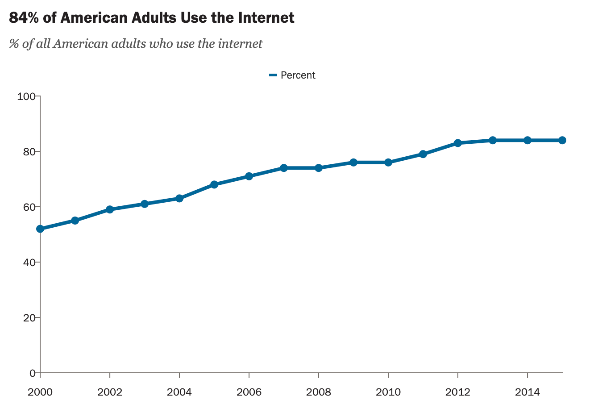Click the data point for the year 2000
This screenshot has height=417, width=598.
pyautogui.click(x=40, y=229)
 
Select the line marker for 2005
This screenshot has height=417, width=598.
pyautogui.click(x=214, y=184)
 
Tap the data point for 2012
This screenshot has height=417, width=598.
pyautogui.click(x=458, y=143)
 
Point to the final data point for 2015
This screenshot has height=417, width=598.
pyautogui.click(x=562, y=140)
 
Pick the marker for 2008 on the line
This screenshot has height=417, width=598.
pyautogui.click(x=319, y=168)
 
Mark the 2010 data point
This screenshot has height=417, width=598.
pyautogui.click(x=388, y=163)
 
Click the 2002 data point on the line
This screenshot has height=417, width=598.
pyautogui.click(x=110, y=209)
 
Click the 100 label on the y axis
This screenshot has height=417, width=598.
pyautogui.click(x=26, y=96)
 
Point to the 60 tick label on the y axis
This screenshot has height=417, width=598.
pyautogui.click(x=29, y=207)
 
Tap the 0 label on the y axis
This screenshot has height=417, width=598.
pyautogui.click(x=32, y=373)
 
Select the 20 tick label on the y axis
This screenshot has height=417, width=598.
pyautogui.click(x=29, y=318)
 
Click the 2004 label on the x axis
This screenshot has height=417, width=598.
pyautogui.click(x=179, y=392)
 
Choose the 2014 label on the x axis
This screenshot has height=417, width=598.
pyautogui.click(x=527, y=392)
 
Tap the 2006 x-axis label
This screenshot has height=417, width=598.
pyautogui.click(x=249, y=392)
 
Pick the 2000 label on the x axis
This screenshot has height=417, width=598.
pyautogui.click(x=40, y=392)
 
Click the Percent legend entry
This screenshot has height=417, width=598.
pyautogui.click(x=298, y=75)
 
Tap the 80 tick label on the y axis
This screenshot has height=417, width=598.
pyautogui.click(x=29, y=152)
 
